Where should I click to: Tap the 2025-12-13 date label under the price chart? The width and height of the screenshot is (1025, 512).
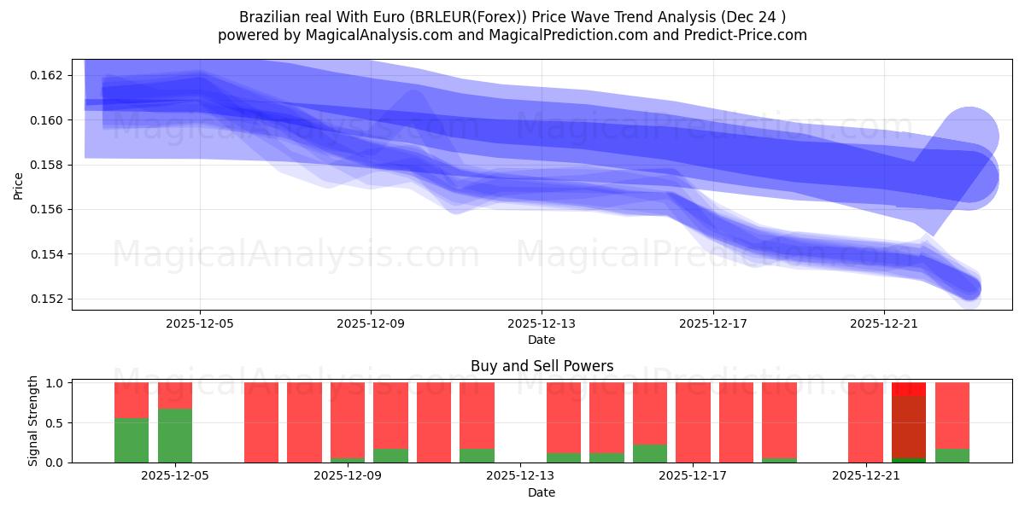coord(542,323)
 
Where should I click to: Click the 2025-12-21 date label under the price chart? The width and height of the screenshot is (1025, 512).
coord(883,323)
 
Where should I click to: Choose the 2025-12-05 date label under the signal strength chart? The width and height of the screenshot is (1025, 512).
coord(175,476)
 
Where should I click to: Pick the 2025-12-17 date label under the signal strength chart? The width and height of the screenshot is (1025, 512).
coord(693,476)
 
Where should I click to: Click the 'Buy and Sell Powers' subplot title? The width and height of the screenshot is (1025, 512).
coord(542,366)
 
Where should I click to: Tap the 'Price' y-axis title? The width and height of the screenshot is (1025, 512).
coord(19,185)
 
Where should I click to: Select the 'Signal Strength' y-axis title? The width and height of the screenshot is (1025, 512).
coord(33,421)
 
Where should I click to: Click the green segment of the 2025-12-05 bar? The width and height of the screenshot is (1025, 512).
coord(175,435)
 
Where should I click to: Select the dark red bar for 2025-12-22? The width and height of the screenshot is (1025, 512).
coord(909,427)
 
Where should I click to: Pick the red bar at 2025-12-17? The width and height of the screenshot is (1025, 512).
coord(693,422)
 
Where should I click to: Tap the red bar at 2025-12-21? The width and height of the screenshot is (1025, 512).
coord(865,422)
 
